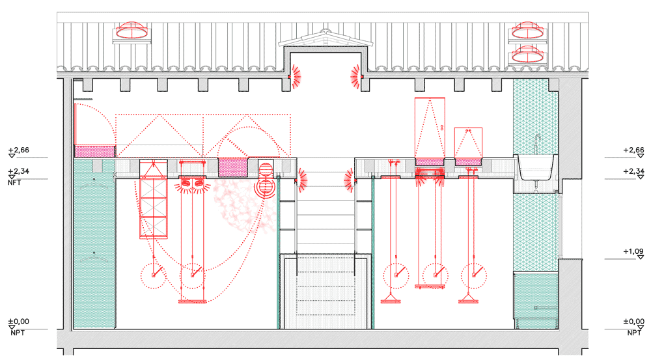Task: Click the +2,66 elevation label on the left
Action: (19, 150)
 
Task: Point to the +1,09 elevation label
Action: (633, 252)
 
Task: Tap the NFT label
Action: (14, 182)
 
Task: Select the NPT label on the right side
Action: (634, 333)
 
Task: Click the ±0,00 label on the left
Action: (19, 322)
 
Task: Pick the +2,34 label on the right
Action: (633, 171)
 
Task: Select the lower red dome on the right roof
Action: (527, 54)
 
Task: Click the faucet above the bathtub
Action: (538, 144)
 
